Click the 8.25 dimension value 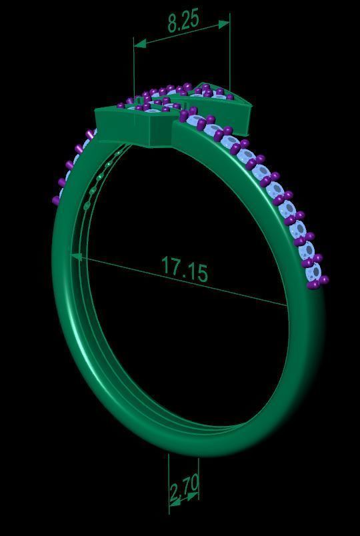click(183, 21)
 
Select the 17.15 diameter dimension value click(185, 268)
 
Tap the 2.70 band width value click(184, 492)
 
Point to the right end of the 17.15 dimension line click(287, 305)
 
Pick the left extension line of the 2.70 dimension click(169, 477)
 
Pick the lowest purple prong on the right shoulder click(313, 285)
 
